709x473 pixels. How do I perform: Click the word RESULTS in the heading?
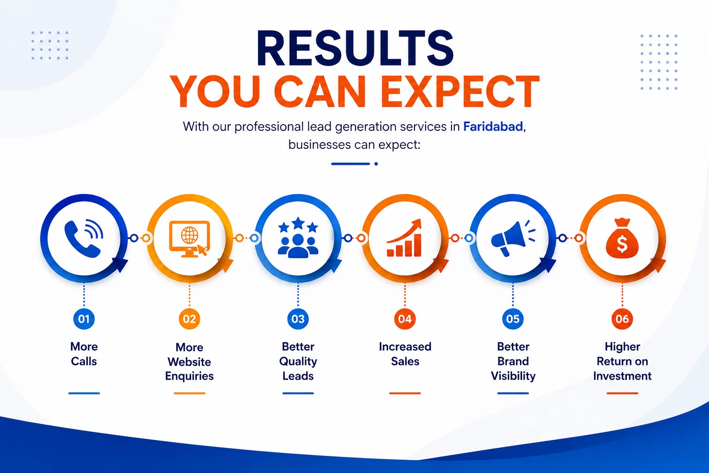pos(355,49)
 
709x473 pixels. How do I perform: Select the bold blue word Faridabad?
pos(493,127)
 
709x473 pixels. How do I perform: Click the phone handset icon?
pos(84,238)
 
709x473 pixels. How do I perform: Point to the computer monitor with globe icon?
pos(189,238)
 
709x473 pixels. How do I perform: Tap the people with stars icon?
pos(298,238)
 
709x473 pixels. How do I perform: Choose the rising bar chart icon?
pos(405,238)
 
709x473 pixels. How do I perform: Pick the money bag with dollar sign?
pos(622,238)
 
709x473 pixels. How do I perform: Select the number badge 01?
pos(84,319)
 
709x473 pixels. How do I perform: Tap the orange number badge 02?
pos(189,319)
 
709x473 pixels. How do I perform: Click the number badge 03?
pos(298,319)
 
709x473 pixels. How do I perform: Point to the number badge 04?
pos(405,319)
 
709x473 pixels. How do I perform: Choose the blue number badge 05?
pos(513,319)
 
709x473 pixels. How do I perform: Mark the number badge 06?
pos(622,319)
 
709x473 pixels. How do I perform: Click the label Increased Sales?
pos(405,354)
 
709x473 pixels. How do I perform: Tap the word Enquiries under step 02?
pos(189,376)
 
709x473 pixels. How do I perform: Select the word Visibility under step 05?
pos(513,376)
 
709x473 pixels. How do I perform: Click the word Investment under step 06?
pos(622,376)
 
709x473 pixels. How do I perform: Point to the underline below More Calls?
pos(84,393)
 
